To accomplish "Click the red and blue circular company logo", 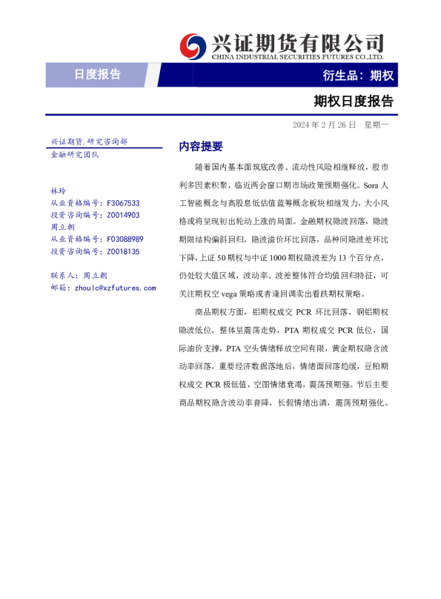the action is coord(194,46).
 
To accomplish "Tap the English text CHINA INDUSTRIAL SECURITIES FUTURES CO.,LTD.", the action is coord(297,57).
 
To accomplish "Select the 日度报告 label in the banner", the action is coord(97,74).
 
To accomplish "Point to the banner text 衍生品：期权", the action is coord(358,76).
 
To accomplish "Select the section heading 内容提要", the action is coord(201,147).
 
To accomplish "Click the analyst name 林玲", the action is coord(58,191).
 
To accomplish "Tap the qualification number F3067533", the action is coord(123,203).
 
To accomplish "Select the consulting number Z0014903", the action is coord(123,215).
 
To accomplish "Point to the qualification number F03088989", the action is coord(125,239).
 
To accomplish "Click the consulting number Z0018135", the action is coord(123,251).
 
